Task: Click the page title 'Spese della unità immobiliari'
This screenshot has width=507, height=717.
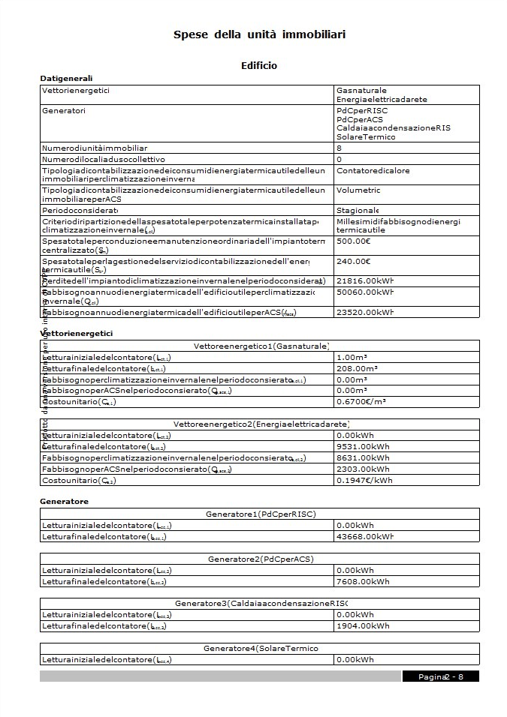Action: pyautogui.click(x=259, y=34)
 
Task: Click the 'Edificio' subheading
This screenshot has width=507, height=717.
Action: pyautogui.click(x=259, y=65)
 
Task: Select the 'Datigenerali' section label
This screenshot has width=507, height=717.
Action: pyautogui.click(x=66, y=78)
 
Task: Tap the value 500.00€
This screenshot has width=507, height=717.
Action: pyautogui.click(x=354, y=241)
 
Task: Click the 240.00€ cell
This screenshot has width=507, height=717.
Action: pyautogui.click(x=354, y=261)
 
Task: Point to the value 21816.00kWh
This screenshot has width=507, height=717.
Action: pyautogui.click(x=365, y=280)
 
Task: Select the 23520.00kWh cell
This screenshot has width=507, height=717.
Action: pyautogui.click(x=365, y=311)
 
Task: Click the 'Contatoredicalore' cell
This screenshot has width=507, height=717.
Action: pyautogui.click(x=373, y=170)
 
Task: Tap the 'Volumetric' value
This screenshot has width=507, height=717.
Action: pyautogui.click(x=359, y=190)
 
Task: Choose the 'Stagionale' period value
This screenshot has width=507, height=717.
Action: pyautogui.click(x=358, y=210)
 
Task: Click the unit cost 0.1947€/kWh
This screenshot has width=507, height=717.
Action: pyautogui.click(x=364, y=480)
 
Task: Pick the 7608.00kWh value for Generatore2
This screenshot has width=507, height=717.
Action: pyautogui.click(x=363, y=581)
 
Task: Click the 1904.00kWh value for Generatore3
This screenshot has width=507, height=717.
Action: pyautogui.click(x=363, y=625)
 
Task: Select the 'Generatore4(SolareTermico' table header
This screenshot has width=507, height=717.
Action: pyautogui.click(x=260, y=648)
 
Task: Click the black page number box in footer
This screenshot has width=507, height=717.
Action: pyautogui.click(x=440, y=676)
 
